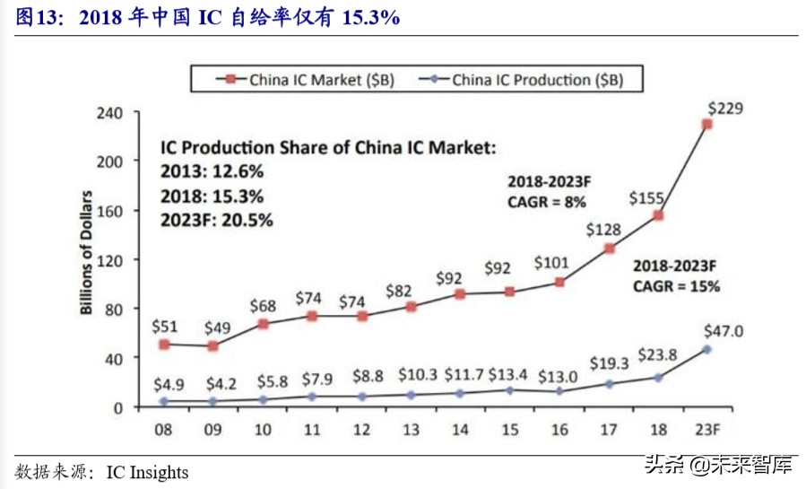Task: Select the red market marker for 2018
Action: point(658,215)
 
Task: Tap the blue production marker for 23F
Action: point(706,349)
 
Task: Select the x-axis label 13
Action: point(412,430)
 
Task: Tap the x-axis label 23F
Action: point(707,430)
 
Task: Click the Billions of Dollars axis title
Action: point(87,252)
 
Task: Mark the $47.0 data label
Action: point(723,329)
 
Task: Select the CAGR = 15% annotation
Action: point(676,287)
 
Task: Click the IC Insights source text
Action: point(147,471)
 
